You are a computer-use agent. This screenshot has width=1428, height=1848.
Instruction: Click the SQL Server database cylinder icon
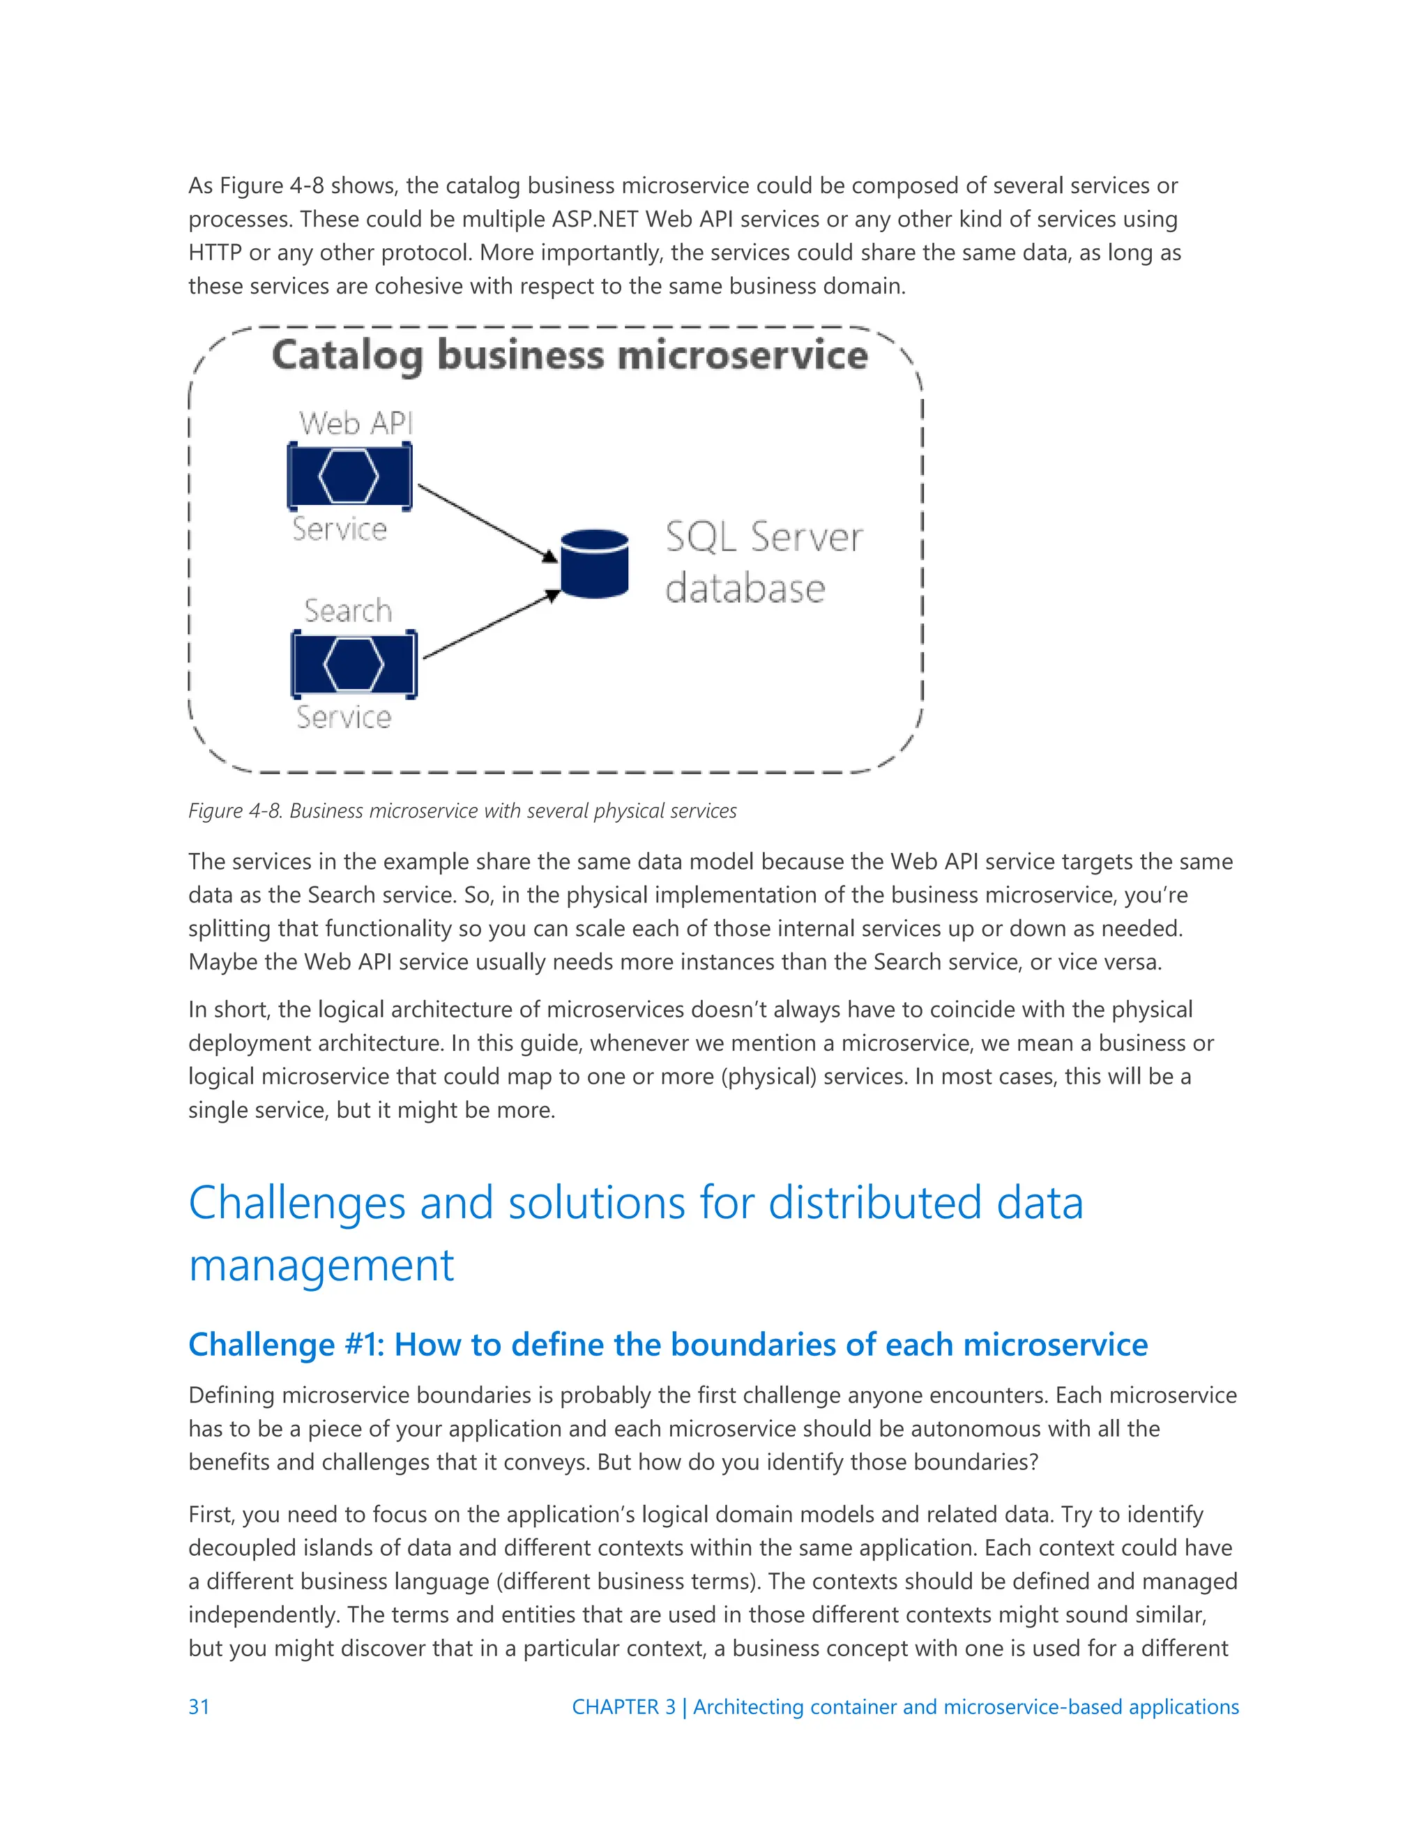pos(595,563)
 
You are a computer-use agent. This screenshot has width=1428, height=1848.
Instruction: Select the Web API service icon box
pos(349,476)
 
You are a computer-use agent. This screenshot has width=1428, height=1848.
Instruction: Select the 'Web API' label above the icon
pos(356,423)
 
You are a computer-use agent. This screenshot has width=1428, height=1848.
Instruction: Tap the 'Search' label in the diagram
pos(349,611)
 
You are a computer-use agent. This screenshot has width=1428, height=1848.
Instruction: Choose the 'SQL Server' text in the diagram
pos(764,537)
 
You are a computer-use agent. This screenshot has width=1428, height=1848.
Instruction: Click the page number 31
pos(199,1706)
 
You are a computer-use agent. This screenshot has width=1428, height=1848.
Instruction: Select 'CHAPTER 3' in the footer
pos(623,1706)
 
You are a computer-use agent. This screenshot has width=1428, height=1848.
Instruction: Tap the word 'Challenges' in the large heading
pos(297,1202)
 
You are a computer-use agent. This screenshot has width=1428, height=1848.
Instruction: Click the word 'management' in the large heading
pos(321,1265)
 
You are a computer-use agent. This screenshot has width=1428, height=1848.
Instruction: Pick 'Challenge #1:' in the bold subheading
pos(286,1345)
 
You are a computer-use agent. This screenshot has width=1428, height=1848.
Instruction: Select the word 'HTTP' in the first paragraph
pos(215,253)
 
